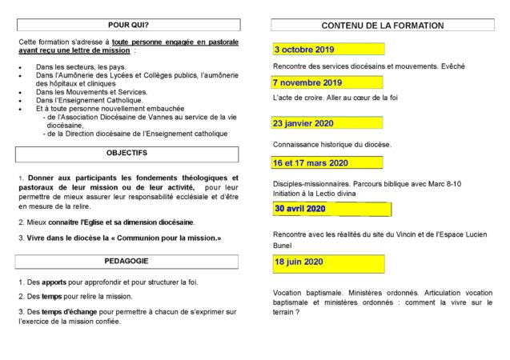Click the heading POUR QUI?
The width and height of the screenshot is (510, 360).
tap(126, 25)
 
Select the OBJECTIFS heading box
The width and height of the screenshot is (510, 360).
tap(126, 152)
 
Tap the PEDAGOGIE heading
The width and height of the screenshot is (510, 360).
tap(126, 261)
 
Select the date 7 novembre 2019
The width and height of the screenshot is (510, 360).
tap(307, 82)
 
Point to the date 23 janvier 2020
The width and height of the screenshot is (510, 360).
tap(303, 123)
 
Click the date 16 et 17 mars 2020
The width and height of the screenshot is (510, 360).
tap(311, 163)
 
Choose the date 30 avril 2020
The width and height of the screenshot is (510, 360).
tap(300, 209)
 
